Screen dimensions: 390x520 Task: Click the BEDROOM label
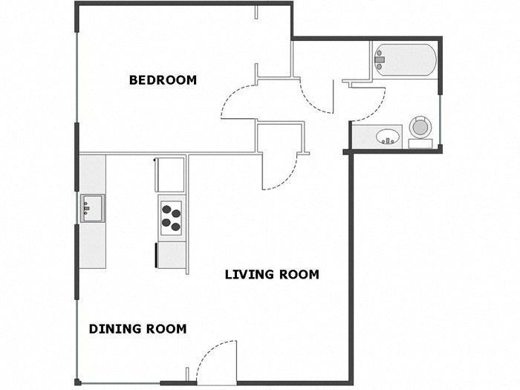(163, 80)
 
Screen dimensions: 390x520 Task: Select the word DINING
(113, 329)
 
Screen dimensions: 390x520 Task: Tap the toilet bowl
(420, 126)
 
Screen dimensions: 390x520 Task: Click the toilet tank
(420, 143)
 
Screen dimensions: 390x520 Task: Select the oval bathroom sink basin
(387, 137)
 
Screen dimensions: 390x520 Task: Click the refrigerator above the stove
(169, 175)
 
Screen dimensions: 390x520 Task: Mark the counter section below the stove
(171, 254)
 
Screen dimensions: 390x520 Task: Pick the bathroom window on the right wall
(441, 120)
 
